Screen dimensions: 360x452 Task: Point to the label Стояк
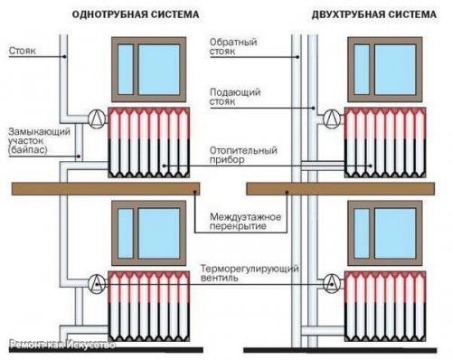25,52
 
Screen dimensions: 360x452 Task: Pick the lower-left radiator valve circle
96,280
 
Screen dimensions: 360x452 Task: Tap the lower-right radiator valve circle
333,280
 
